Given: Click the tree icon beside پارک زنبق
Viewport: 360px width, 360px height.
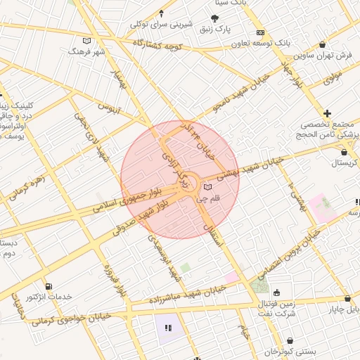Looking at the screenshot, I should tap(214, 17).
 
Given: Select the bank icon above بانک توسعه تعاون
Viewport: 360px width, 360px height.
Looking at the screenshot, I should tap(260, 32).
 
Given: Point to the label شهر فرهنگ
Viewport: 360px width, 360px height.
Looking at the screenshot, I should tap(86, 51).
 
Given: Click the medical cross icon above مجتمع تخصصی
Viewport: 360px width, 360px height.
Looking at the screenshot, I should tap(327, 113).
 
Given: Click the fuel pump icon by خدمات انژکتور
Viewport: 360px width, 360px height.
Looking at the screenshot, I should tap(48, 286).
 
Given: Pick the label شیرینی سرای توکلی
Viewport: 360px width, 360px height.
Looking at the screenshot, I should tap(162, 24).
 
